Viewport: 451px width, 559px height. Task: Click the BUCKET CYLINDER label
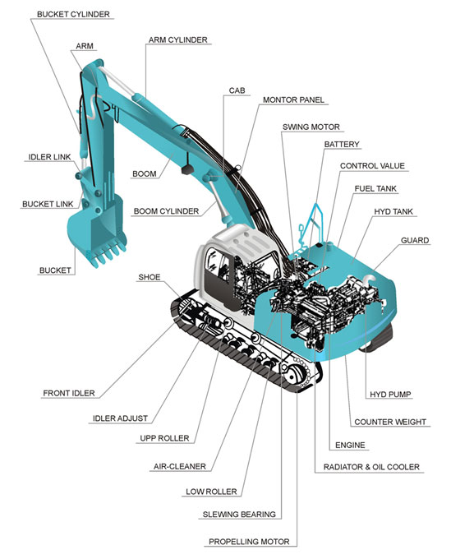tap(73, 14)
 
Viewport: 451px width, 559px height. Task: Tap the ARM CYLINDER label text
tap(177, 40)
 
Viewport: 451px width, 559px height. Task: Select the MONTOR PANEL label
tap(293, 100)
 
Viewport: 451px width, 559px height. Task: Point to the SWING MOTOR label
tap(311, 127)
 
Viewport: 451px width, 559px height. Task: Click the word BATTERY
tap(342, 145)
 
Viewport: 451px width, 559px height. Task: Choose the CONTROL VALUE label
tap(372, 166)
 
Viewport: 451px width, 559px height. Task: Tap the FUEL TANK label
tap(375, 188)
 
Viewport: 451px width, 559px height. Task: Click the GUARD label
tap(415, 240)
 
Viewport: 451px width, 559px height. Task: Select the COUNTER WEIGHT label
tap(390, 422)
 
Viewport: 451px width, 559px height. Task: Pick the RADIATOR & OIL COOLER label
tap(371, 467)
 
